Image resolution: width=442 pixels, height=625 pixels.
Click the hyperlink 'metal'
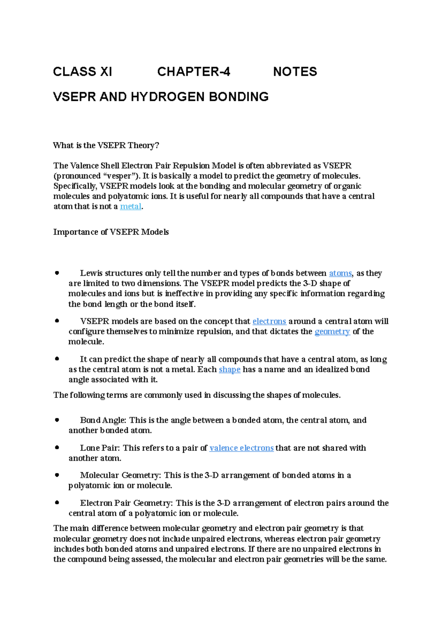131,206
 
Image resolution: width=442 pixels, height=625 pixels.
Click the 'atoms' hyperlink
340,273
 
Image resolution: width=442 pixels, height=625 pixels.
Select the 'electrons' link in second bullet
269,321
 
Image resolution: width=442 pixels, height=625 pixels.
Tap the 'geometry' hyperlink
332,332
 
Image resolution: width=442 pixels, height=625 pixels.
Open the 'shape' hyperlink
229,370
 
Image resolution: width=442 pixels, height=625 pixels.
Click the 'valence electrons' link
241,448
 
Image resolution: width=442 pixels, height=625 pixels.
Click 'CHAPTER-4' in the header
194,71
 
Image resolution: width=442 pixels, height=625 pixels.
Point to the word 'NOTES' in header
295,71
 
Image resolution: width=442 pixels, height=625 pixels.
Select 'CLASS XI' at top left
83,71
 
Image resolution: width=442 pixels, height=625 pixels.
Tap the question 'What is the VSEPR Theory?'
106,145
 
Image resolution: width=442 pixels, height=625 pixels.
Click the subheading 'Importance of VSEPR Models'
111,232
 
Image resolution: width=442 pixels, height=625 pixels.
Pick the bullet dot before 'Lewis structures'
57,273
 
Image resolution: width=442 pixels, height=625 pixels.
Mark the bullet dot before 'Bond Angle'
57,420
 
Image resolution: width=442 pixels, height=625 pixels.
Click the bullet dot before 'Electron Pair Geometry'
57,502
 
